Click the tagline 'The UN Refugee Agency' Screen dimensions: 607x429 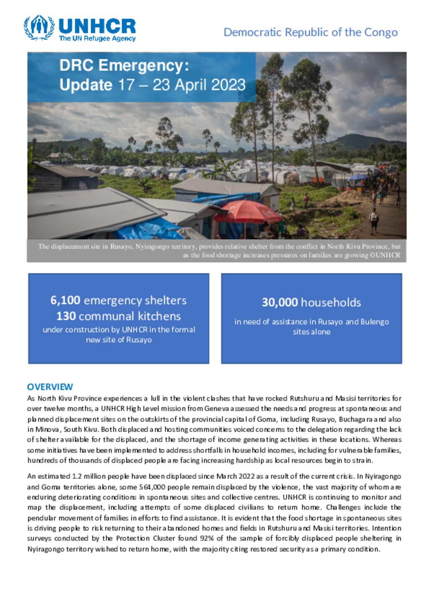pos(97,39)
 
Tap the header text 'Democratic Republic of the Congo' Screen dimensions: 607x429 pos(310,32)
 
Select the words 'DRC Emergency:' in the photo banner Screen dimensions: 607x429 pos(124,66)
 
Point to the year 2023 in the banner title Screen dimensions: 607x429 pos(228,85)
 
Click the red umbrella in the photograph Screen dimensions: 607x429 pos(248,212)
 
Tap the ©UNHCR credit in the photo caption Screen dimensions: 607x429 pos(385,255)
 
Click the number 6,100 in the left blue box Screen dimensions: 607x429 pos(65,300)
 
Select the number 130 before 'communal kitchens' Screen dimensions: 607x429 pos(66,316)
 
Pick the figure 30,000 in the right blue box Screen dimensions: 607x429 pos(280,302)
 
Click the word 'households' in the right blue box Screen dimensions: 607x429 pos(331,302)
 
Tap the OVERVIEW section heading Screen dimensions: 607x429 pos(50,387)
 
